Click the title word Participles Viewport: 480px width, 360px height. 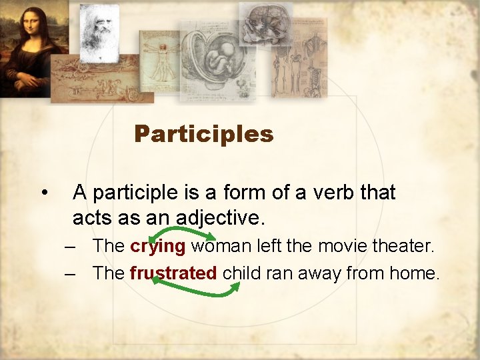[203, 134]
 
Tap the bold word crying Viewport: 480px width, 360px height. [157, 246]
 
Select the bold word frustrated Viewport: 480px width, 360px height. [173, 273]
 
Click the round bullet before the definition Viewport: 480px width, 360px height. [43, 193]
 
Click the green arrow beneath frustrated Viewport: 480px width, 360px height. [196, 287]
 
